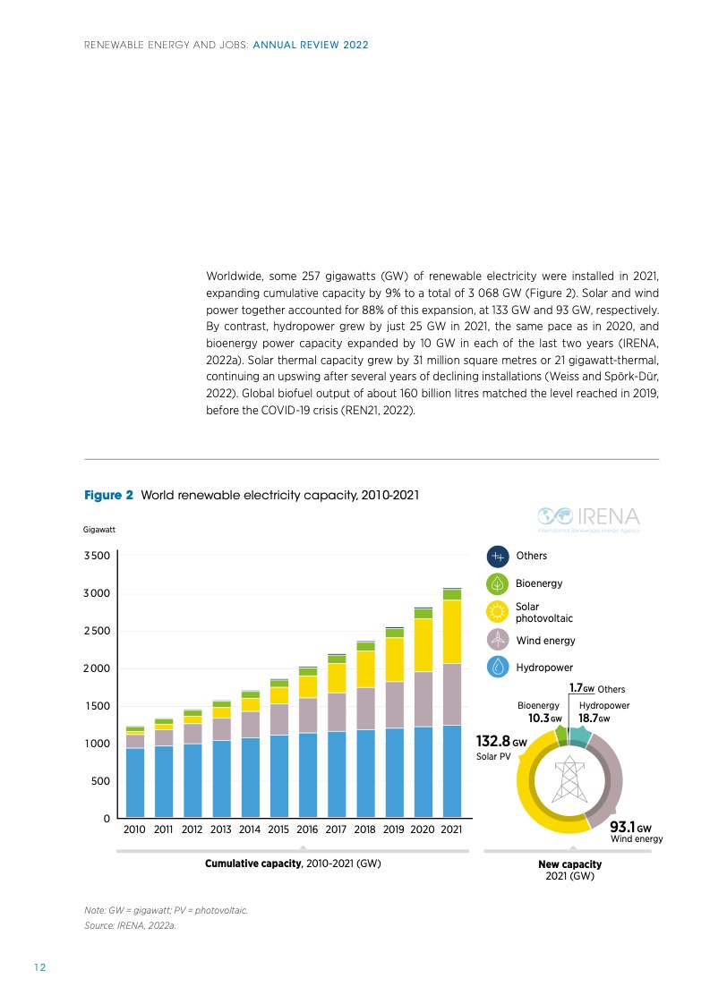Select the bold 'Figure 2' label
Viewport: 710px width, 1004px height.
pyautogui.click(x=108, y=494)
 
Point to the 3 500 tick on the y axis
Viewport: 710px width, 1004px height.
pyautogui.click(x=97, y=556)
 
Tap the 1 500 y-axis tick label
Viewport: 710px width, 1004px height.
pyautogui.click(x=97, y=706)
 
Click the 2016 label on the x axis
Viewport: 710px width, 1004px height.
pyautogui.click(x=308, y=830)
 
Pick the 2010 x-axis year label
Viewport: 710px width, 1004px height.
pyautogui.click(x=135, y=830)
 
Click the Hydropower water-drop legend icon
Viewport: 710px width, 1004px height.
pyautogui.click(x=498, y=667)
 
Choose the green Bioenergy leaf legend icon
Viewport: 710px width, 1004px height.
pyautogui.click(x=498, y=584)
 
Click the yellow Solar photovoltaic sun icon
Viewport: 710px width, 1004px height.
pyautogui.click(x=498, y=612)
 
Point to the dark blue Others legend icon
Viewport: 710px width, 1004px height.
pyautogui.click(x=498, y=557)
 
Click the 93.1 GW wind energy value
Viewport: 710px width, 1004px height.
pyautogui.click(x=631, y=829)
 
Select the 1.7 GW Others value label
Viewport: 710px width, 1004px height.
pyautogui.click(x=582, y=688)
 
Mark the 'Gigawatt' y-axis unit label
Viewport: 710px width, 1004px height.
pyautogui.click(x=98, y=530)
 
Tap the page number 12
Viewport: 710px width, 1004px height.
pyautogui.click(x=39, y=967)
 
